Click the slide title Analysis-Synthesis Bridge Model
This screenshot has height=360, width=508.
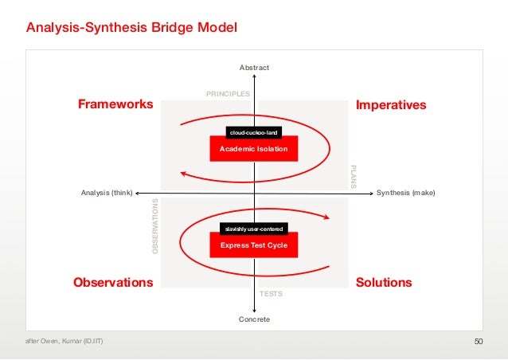pyautogui.click(x=131, y=29)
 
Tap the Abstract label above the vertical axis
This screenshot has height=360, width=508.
pyautogui.click(x=254, y=67)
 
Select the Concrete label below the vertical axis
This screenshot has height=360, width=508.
pyautogui.click(x=255, y=319)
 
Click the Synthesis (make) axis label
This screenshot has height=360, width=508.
pyautogui.click(x=406, y=193)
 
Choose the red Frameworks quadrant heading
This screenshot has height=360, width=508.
pyautogui.click(x=115, y=105)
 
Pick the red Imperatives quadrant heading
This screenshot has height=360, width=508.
pyautogui.click(x=391, y=105)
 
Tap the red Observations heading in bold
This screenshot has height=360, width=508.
pyautogui.click(x=113, y=283)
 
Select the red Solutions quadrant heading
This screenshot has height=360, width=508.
pyautogui.click(x=384, y=283)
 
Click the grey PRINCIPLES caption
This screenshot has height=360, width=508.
pyautogui.click(x=229, y=94)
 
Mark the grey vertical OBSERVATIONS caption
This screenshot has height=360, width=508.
pyautogui.click(x=156, y=227)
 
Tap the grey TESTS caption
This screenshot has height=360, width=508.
pyautogui.click(x=272, y=295)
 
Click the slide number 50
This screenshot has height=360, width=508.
pyautogui.click(x=479, y=342)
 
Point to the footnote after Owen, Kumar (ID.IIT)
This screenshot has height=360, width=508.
pyautogui.click(x=63, y=342)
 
